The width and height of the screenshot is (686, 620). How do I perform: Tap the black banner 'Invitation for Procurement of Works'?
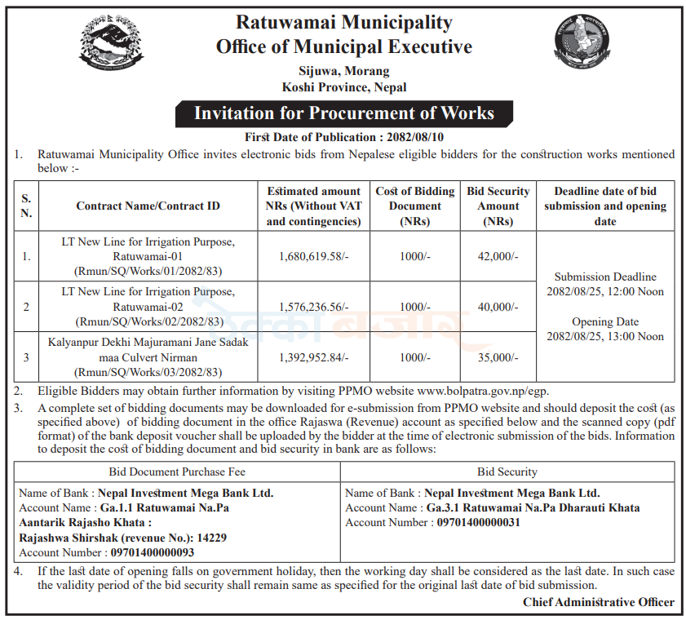point(343,113)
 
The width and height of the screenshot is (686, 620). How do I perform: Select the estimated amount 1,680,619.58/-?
point(313,256)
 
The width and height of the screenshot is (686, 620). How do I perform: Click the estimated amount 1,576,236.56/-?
point(313,307)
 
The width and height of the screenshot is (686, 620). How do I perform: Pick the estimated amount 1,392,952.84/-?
point(313,357)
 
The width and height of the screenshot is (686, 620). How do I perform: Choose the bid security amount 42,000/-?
point(498,256)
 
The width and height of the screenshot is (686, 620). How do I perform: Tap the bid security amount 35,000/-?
point(498,357)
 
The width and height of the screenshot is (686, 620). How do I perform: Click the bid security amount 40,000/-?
point(498,307)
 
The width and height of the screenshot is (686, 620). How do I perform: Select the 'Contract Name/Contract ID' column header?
point(148,206)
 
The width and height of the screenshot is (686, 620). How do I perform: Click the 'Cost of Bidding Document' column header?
point(415,206)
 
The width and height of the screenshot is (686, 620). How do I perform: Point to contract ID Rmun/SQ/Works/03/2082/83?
point(148,372)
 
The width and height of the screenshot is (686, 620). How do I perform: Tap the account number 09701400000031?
point(478,522)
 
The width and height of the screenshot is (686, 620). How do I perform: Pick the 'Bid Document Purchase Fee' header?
point(177,472)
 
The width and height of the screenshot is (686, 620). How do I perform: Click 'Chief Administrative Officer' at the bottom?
point(599,602)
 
